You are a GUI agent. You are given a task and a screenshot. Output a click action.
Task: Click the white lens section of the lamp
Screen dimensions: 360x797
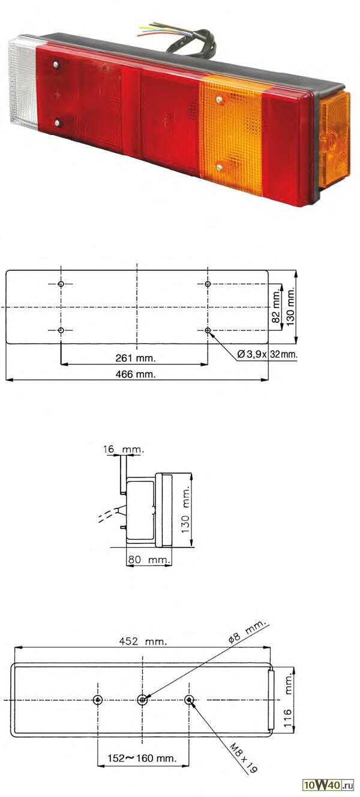click(x=23, y=85)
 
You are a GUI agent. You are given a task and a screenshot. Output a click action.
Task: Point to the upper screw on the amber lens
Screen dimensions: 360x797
click(x=220, y=100)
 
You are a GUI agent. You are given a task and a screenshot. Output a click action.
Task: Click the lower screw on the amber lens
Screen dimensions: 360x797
click(x=219, y=167)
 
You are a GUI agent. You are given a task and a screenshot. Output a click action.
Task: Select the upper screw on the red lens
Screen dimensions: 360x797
click(x=56, y=65)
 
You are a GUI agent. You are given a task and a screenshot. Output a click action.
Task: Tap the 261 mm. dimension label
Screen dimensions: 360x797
click(x=136, y=358)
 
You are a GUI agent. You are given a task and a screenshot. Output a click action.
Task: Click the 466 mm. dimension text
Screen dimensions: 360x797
click(x=136, y=374)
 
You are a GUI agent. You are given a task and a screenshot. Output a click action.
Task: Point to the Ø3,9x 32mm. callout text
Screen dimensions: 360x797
click(x=267, y=354)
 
